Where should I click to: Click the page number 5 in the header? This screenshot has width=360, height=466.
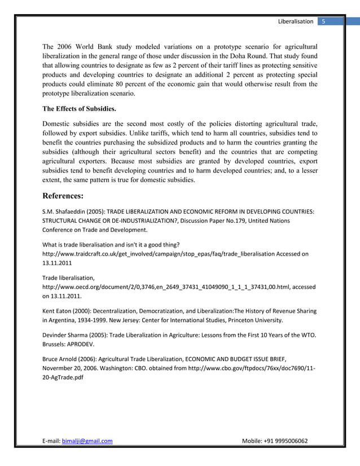[324, 21]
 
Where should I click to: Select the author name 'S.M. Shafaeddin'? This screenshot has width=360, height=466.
[64, 212]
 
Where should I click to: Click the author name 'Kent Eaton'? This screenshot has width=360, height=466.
[58, 311]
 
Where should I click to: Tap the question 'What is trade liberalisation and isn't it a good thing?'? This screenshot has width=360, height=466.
[111, 245]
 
